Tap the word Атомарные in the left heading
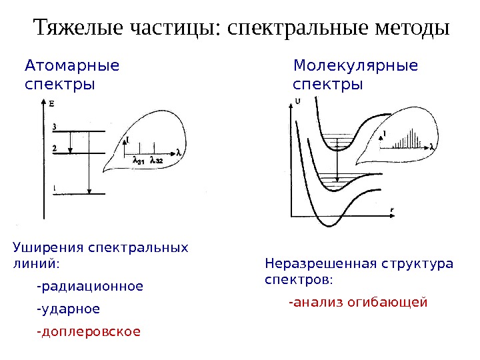click(72, 66)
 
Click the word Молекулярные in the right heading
click(356, 66)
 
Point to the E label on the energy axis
click(52, 103)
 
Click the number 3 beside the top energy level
click(53, 127)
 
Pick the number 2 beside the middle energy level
click(53, 148)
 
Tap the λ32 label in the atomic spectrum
click(157, 160)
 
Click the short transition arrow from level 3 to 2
click(70, 142)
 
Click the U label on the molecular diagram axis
click(297, 101)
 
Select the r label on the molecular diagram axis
click(392, 210)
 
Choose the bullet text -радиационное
click(90, 287)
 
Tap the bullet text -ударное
click(69, 309)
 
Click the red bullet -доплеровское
click(89, 331)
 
